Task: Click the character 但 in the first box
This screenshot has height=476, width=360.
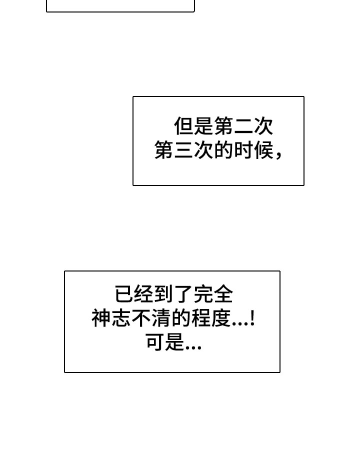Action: click(x=183, y=126)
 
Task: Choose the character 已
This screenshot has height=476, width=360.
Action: click(x=124, y=294)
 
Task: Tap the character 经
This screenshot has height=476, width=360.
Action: click(x=144, y=294)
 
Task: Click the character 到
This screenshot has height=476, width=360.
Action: click(x=164, y=294)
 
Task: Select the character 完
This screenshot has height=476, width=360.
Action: click(x=203, y=294)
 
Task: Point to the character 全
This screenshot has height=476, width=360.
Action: click(x=223, y=294)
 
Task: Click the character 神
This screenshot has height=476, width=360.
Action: click(x=101, y=318)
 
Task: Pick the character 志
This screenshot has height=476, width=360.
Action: click(x=121, y=318)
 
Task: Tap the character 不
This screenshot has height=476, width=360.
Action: click(x=140, y=318)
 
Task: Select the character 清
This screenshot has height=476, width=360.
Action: click(x=160, y=318)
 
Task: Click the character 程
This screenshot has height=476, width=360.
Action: click(x=200, y=318)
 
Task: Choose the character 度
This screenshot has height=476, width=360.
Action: click(x=220, y=318)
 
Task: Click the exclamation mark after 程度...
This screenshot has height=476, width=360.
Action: click(x=252, y=318)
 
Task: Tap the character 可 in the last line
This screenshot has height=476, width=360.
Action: click(x=155, y=342)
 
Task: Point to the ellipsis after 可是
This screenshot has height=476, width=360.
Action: click(x=193, y=348)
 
